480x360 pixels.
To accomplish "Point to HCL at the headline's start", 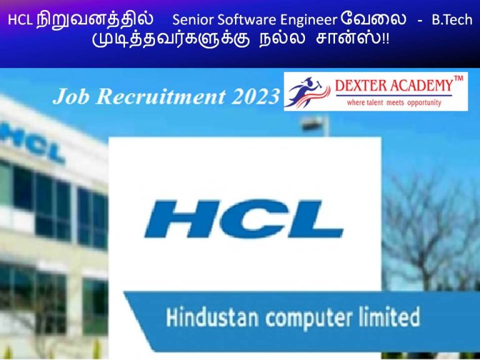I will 19,21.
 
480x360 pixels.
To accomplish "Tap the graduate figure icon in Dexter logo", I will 306,92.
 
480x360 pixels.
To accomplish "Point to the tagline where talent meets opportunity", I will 393,102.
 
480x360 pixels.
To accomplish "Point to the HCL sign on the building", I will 37,147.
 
